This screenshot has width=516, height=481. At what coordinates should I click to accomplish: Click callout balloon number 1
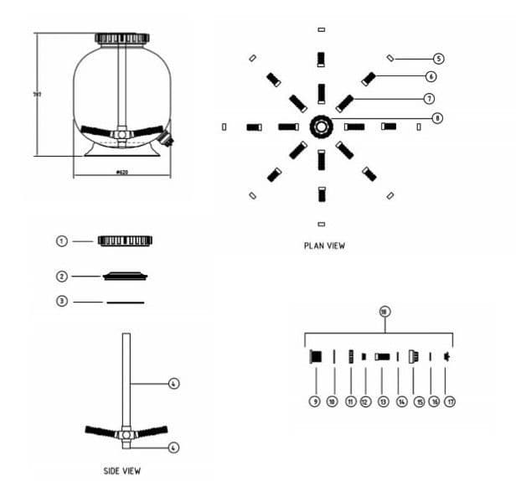click(x=61, y=240)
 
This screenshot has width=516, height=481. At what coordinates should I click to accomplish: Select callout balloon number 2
click(x=61, y=276)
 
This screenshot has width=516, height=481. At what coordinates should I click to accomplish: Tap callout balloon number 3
click(x=61, y=301)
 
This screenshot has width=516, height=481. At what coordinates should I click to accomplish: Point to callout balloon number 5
click(x=438, y=59)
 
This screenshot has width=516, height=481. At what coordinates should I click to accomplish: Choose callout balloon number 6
click(x=431, y=76)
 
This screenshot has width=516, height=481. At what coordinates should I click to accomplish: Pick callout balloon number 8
click(x=436, y=118)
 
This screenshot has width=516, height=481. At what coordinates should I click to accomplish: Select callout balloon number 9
click(x=315, y=402)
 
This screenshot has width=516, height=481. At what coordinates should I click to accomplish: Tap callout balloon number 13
click(x=383, y=402)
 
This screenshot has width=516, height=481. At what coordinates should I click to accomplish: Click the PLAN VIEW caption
click(x=324, y=246)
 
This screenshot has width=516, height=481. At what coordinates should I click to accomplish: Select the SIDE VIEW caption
click(x=122, y=471)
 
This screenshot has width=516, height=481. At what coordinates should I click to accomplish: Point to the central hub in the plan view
click(x=322, y=127)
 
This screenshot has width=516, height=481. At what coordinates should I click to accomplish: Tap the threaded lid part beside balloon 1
click(x=125, y=240)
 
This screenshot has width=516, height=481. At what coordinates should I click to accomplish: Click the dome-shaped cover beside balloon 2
click(x=125, y=276)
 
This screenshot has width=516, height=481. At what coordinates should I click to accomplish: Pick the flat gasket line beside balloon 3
click(x=125, y=301)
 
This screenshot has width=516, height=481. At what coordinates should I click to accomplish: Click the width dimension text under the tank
click(x=122, y=172)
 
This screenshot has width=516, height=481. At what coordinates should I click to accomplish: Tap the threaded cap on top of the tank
click(x=122, y=39)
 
